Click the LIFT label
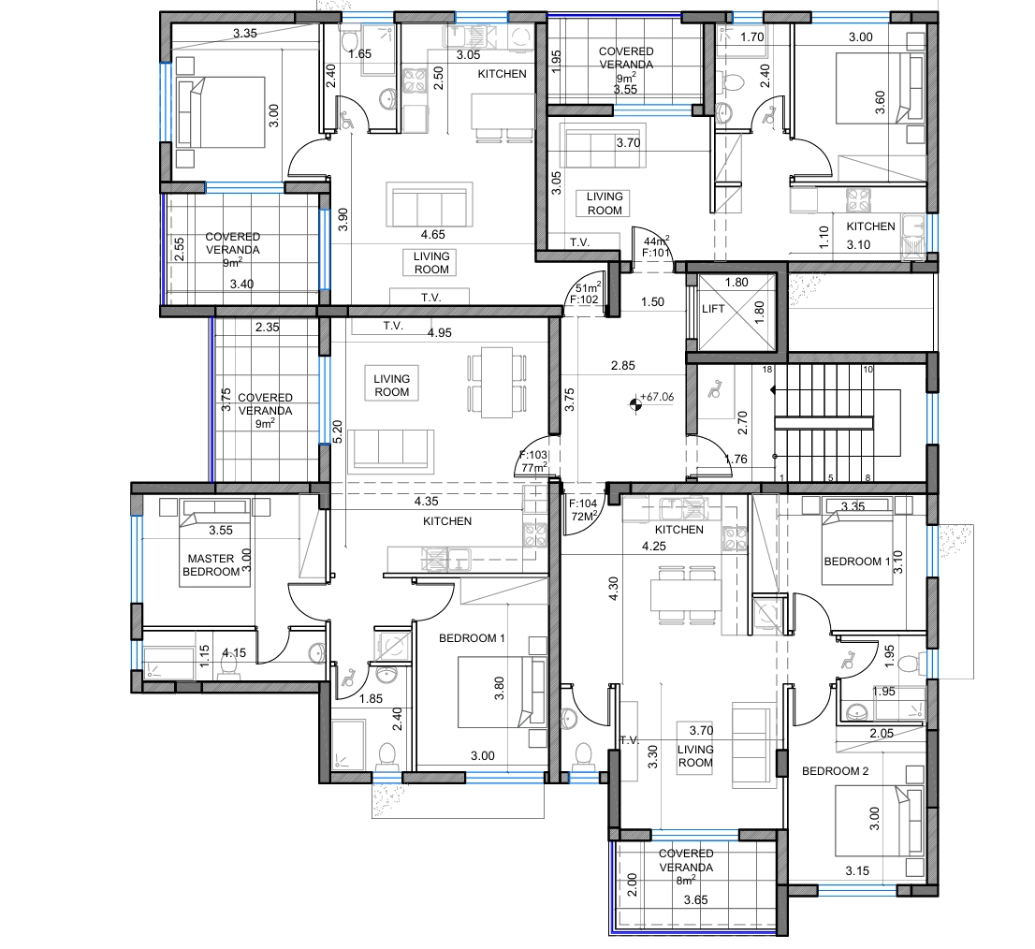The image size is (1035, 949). tap(713, 309)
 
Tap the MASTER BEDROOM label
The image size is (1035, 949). tap(211, 565)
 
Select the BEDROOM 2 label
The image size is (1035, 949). tap(835, 771)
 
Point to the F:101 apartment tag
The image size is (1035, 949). tap(656, 253)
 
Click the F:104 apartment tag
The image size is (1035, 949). tap(583, 504)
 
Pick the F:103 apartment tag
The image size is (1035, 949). tap(533, 455)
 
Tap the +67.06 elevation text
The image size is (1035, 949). tap(657, 397)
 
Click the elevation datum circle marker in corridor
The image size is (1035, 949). tap(635, 403)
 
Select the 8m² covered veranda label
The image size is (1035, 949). tap(686, 881)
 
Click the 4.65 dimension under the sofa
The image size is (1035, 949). tap(433, 234)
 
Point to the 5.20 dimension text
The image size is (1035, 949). tap(337, 431)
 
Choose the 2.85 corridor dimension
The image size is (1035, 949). tap(623, 365)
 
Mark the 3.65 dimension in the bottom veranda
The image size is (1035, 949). tap(695, 899)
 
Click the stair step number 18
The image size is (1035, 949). tap(767, 370)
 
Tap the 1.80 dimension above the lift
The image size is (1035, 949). tap(736, 283)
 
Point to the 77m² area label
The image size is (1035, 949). tap(534, 468)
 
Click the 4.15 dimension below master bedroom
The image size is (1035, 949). tap(234, 652)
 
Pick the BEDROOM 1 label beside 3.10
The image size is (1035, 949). tap(857, 562)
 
